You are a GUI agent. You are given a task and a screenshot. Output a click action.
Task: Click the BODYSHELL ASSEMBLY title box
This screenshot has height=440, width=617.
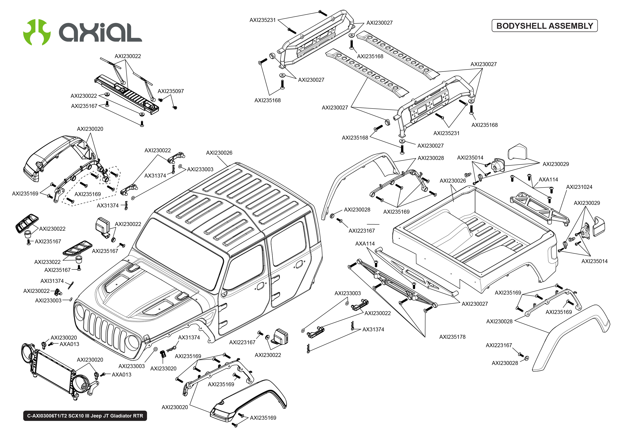[544, 26]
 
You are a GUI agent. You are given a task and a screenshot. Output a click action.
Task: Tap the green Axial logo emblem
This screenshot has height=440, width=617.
[37, 32]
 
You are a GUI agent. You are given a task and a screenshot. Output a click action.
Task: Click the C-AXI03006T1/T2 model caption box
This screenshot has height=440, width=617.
[85, 416]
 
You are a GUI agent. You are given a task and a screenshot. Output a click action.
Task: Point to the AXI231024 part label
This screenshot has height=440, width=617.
[579, 187]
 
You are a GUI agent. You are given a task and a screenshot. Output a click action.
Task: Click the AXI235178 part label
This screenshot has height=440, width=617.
[452, 337]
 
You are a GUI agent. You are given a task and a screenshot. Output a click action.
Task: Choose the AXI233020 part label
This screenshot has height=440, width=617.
[163, 368]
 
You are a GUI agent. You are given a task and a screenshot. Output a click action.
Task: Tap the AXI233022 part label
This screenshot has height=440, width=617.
[47, 262]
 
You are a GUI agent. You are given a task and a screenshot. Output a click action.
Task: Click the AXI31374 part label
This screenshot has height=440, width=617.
[52, 281]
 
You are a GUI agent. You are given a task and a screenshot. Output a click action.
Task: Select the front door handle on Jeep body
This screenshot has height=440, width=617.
[260, 286]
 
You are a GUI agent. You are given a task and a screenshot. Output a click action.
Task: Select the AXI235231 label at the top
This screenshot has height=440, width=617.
[262, 20]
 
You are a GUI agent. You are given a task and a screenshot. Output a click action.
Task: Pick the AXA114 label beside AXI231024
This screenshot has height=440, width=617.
[548, 180]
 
